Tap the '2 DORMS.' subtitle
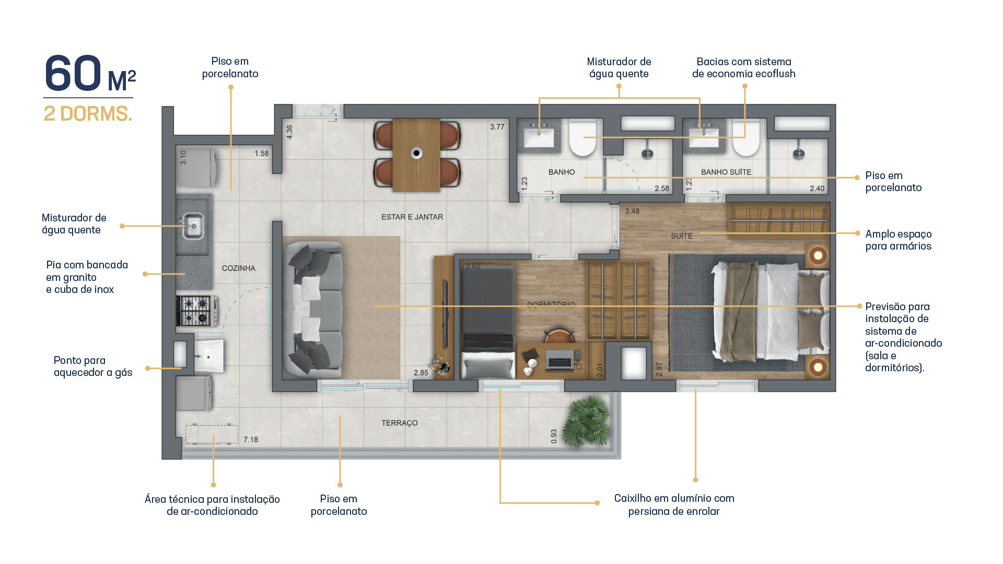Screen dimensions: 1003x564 pos(88,114)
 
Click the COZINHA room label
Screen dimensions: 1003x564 pos(238,268)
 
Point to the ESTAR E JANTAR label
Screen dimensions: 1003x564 pos(412,217)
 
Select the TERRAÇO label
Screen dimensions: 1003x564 pos(400,423)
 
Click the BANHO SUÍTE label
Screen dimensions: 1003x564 pos(726,172)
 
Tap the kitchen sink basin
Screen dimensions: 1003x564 pos(193,226)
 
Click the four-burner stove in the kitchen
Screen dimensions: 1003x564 pos(195,311)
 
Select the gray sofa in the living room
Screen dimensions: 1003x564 pos(312,310)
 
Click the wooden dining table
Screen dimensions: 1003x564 pos(416,155)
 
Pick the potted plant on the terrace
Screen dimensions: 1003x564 pos(589,421)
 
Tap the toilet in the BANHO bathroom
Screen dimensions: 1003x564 pos(582,138)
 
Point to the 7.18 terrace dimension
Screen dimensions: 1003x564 pos(251,440)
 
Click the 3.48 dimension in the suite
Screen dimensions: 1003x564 pos(632,211)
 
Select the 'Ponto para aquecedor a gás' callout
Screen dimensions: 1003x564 pos(93,367)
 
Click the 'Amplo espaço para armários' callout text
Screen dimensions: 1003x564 pos(899,240)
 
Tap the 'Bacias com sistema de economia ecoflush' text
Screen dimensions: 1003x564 pos(744,68)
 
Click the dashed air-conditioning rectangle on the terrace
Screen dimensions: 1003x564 pos(212,434)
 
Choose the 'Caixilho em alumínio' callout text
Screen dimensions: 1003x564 pos(674,505)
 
